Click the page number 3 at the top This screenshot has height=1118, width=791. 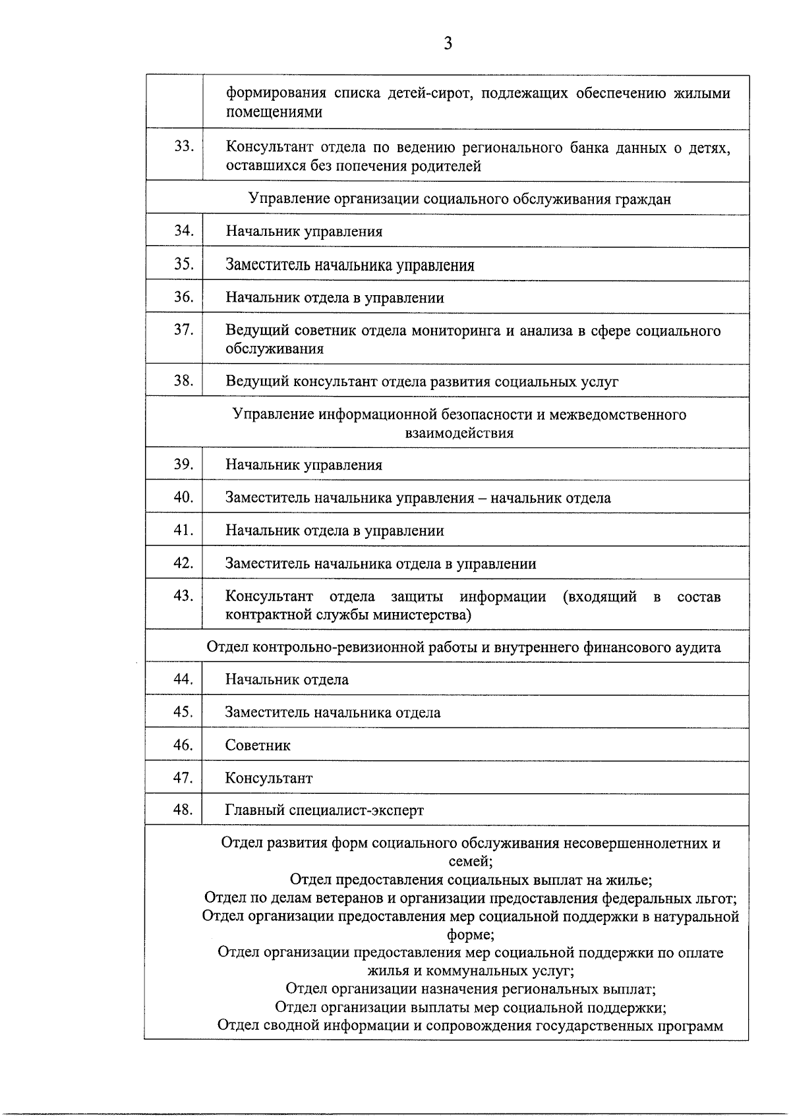pos(448,43)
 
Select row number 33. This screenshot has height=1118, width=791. pos(183,146)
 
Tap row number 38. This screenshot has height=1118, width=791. pos(183,380)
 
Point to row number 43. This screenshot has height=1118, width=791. pos(183,596)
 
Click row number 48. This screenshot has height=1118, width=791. pos(183,809)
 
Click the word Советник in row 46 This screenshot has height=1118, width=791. pos(258,745)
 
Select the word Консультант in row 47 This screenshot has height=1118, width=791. pos(269,778)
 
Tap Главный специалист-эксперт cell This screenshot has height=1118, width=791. pos(324,810)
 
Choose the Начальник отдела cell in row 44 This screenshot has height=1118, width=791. pos(287,679)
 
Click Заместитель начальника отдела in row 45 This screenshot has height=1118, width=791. pos(333,712)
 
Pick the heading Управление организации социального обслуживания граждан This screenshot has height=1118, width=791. pos(460,199)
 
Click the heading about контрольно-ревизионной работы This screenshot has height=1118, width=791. pos(463,647)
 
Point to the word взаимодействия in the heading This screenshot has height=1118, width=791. pos(459,433)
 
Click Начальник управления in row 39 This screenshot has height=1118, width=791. pos(304,464)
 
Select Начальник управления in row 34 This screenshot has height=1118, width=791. pos(304,231)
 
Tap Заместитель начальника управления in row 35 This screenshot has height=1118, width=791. pos(350,265)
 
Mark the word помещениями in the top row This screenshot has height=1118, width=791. pos(274,111)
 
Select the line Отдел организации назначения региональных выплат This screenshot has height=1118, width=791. pos(470,989)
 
